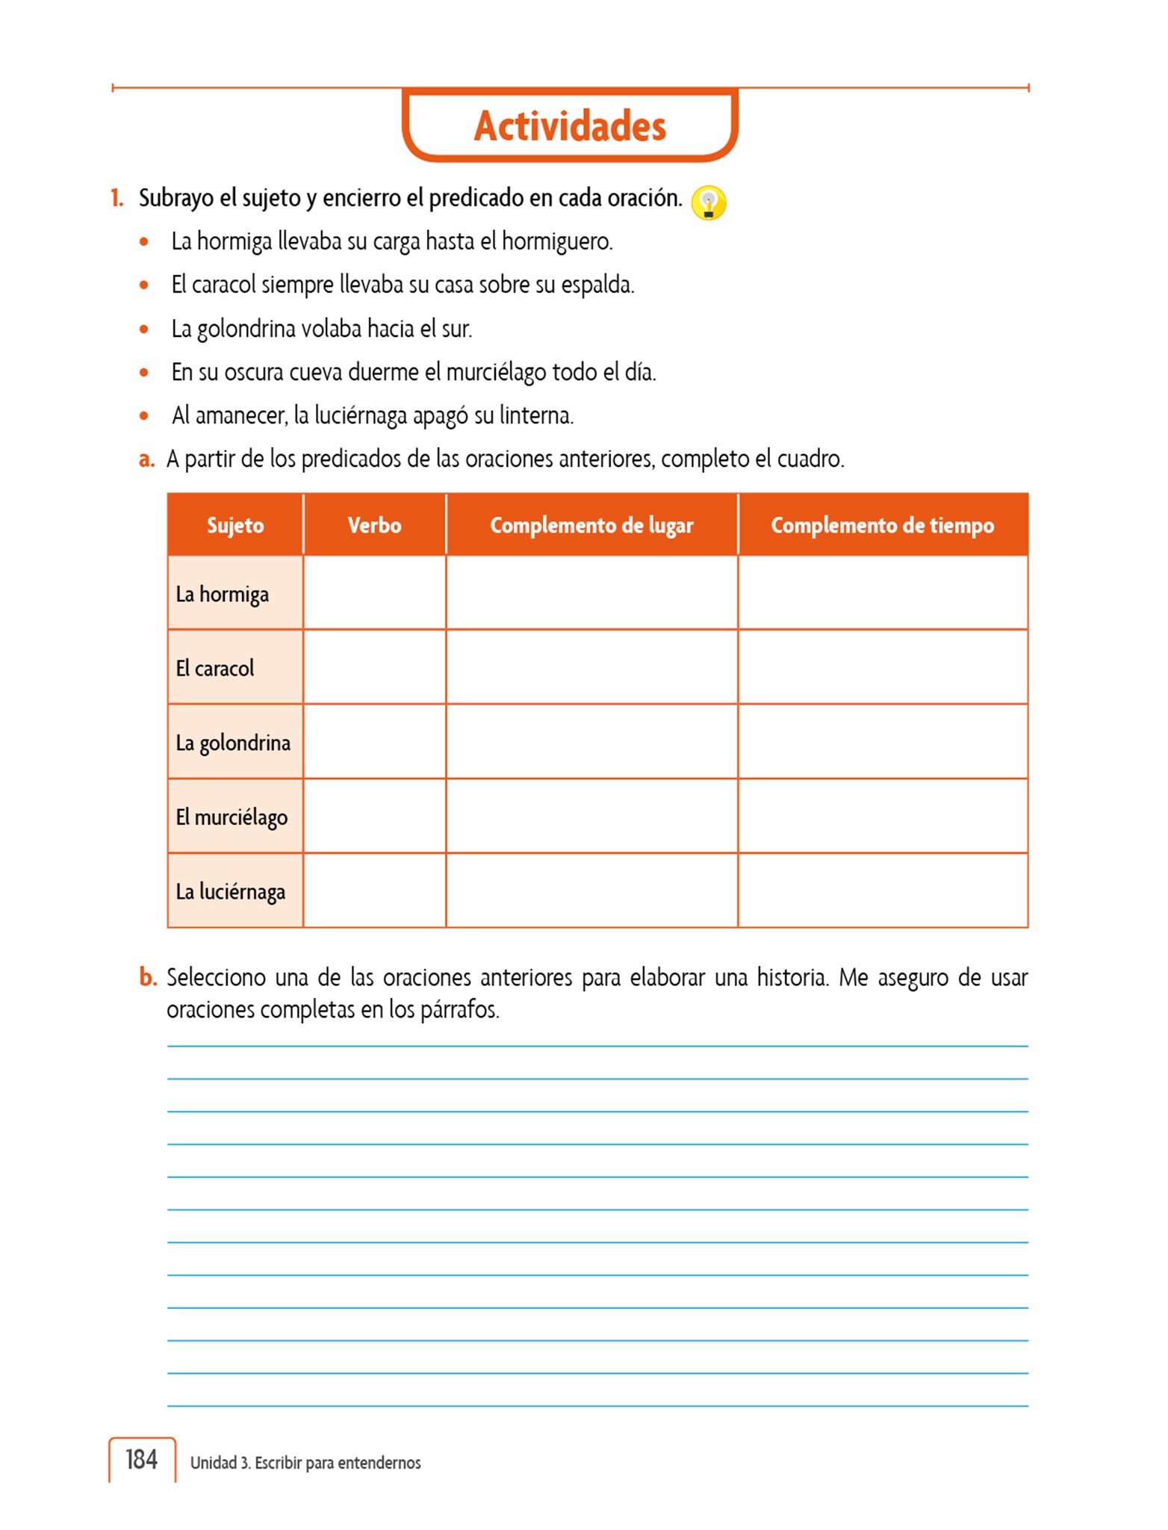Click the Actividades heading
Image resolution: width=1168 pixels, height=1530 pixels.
pyautogui.click(x=570, y=126)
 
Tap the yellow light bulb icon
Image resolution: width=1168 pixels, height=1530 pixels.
pyautogui.click(x=708, y=202)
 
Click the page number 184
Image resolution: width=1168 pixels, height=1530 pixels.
pyautogui.click(x=141, y=1459)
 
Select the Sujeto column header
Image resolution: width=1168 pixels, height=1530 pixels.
pyautogui.click(x=235, y=525)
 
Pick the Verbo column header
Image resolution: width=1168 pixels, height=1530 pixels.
pyautogui.click(x=374, y=525)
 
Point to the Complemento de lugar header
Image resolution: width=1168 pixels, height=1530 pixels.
pyautogui.click(x=591, y=525)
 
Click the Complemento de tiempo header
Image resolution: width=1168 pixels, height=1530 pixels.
pyautogui.click(x=882, y=525)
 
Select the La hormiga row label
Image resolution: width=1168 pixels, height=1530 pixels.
pyautogui.click(x=222, y=595)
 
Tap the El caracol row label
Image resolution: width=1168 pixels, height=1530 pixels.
pyautogui.click(x=214, y=669)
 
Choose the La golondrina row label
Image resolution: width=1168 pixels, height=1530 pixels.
pyautogui.click(x=233, y=743)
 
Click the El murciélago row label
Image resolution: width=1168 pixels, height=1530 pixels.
pyautogui.click(x=232, y=817)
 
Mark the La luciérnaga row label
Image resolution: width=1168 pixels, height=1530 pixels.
pyautogui.click(x=230, y=892)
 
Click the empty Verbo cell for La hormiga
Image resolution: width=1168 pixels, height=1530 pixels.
pyautogui.click(x=374, y=593)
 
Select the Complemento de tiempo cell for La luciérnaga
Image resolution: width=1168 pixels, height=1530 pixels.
pyautogui.click(x=882, y=891)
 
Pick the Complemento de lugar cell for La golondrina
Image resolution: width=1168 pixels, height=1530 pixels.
pyautogui.click(x=591, y=742)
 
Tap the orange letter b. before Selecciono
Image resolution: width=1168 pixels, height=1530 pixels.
pyautogui.click(x=148, y=977)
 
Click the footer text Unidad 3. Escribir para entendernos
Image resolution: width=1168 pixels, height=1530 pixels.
pyautogui.click(x=305, y=1463)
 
